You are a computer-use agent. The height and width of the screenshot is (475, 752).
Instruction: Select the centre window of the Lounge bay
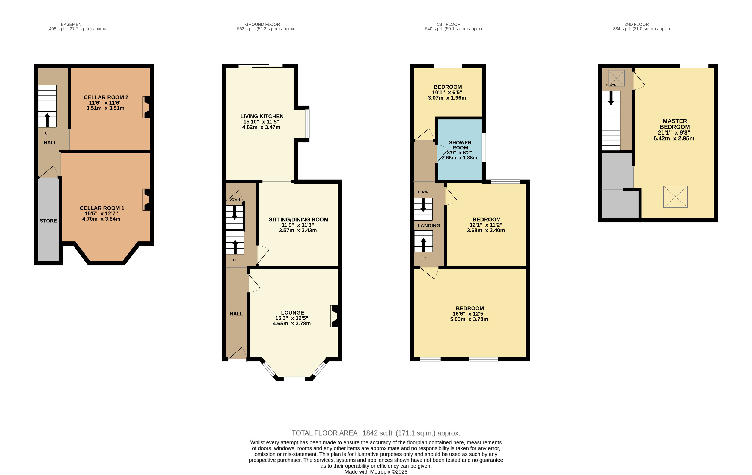click(294, 379)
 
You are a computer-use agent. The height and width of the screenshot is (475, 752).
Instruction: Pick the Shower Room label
click(460, 145)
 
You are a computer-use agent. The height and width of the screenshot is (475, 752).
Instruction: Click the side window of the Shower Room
click(484, 148)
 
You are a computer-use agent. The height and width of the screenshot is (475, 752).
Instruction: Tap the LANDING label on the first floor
click(429, 226)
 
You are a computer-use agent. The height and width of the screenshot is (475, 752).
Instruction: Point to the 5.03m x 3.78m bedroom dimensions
click(469, 319)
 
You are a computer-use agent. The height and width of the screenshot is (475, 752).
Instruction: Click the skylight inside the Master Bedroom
click(675, 197)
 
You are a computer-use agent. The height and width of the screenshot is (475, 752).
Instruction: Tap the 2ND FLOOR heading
click(636, 24)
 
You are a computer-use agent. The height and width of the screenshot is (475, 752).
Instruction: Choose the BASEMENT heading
click(72, 24)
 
